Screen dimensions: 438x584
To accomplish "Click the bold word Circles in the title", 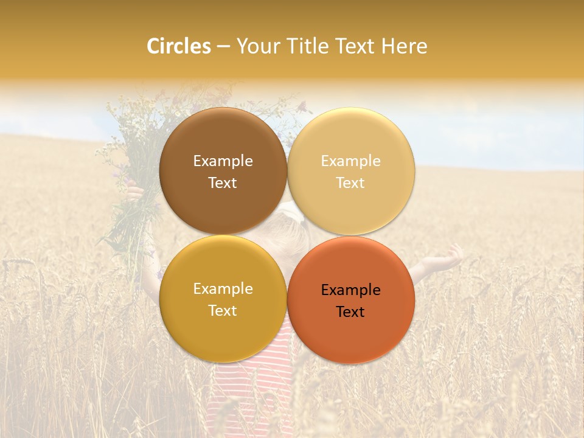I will pyautogui.click(x=179, y=46).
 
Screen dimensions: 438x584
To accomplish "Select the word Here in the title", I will pyautogui.click(x=404, y=46).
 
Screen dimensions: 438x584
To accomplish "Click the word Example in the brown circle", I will pyautogui.click(x=223, y=161).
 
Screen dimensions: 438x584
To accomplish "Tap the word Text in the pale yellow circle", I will pyautogui.click(x=350, y=183).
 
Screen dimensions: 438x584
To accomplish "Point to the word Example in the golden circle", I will pyautogui.click(x=223, y=289).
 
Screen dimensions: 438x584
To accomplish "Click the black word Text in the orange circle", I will pyautogui.click(x=350, y=312).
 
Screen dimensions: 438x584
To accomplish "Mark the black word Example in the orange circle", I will pyautogui.click(x=350, y=290).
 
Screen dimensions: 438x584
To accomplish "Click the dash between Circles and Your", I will pyautogui.click(x=223, y=47).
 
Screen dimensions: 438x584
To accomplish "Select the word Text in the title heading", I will pyautogui.click(x=355, y=46).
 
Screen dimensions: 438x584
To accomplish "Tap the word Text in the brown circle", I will pyautogui.click(x=223, y=183).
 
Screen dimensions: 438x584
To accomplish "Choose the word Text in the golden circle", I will pyautogui.click(x=223, y=311).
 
